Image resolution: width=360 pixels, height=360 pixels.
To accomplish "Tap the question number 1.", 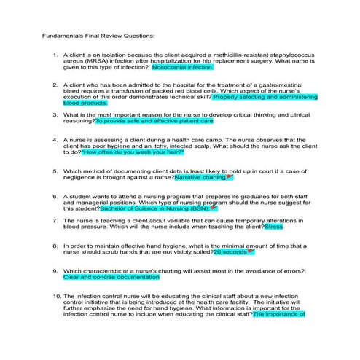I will coord(55,55).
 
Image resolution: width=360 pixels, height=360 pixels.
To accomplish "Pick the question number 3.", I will coord(55,115).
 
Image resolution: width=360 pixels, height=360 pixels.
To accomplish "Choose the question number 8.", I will coord(55,246).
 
